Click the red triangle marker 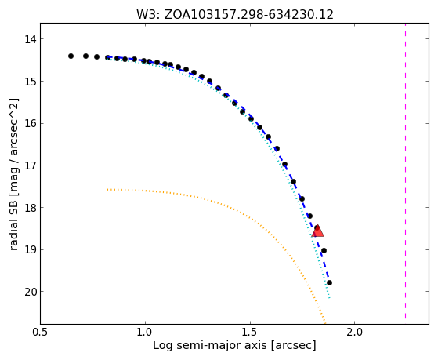pyautogui.click(x=318, y=231)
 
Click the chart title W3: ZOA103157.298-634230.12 pyautogui.click(x=235, y=15)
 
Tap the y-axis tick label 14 pyautogui.click(x=31, y=39)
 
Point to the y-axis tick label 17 pyautogui.click(x=31, y=165)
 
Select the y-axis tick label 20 pyautogui.click(x=31, y=292)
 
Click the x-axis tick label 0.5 pyautogui.click(x=41, y=332)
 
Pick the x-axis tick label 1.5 pyautogui.click(x=250, y=332)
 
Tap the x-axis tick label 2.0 pyautogui.click(x=354, y=332)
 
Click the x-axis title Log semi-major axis pyautogui.click(x=210, y=346)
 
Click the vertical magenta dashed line pyautogui.click(x=405, y=171)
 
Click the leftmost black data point pyautogui.click(x=71, y=56)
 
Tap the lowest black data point pyautogui.click(x=329, y=283)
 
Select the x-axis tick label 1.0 pyautogui.click(x=145, y=332)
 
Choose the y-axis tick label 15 pyautogui.click(x=31, y=81)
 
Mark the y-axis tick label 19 pyautogui.click(x=31, y=249)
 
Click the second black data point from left pyautogui.click(x=85, y=56)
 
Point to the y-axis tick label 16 pyautogui.click(x=31, y=123)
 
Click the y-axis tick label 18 pyautogui.click(x=31, y=208)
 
